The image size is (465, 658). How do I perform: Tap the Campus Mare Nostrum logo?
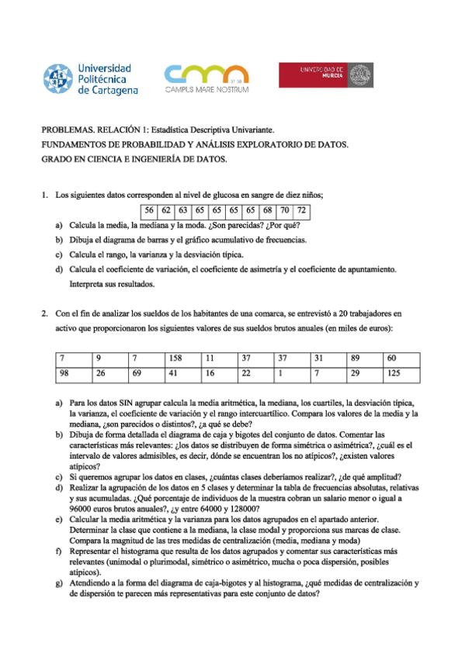tap(206, 79)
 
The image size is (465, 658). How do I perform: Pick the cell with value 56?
tap(148, 210)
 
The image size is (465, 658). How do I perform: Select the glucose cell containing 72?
tap(302, 210)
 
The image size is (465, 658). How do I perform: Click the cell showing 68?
tap(268, 210)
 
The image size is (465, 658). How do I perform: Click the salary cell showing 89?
tap(356, 359)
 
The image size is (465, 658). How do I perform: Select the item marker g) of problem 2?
tap(58, 582)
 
